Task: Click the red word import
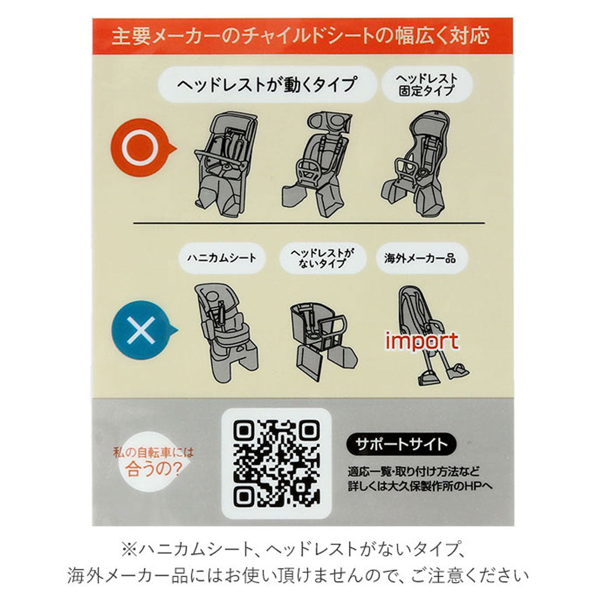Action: coord(422,340)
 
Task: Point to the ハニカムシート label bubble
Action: coord(222,258)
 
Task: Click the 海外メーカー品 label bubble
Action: coord(419,258)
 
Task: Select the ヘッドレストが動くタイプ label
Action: coord(266,85)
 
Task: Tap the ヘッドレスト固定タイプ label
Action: coord(427,84)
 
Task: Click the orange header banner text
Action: coord(301,36)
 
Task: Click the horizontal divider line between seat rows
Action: coord(308,224)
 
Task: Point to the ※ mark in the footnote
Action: coord(129,550)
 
